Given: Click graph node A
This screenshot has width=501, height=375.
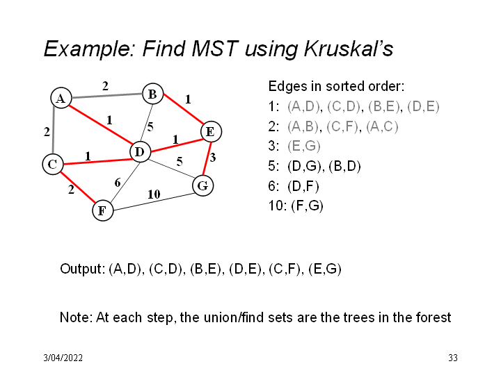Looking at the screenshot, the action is click(61, 98).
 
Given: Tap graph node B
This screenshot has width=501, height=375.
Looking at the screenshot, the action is click(152, 94).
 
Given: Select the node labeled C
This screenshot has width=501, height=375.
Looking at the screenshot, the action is click(53, 164).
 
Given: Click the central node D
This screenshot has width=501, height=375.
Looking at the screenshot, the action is click(141, 151).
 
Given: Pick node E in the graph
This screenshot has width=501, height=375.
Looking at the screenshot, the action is click(211, 131).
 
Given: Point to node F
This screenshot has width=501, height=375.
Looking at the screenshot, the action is click(102, 210).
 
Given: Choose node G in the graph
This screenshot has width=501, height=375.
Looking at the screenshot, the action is click(203, 185).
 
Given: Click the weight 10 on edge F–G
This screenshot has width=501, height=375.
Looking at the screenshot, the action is click(154, 194).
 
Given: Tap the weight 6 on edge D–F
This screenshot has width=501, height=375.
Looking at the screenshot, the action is click(118, 183).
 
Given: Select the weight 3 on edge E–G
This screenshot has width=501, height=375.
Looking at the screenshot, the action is click(213, 157).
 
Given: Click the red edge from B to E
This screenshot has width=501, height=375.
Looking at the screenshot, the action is click(184, 109).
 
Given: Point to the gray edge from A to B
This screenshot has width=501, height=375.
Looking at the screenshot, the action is click(106, 96).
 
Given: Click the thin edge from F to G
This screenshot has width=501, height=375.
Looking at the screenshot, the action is click(152, 202).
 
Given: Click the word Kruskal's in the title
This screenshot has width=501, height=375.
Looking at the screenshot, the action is click(349, 49).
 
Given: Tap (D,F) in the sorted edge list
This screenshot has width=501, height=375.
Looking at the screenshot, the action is click(303, 186).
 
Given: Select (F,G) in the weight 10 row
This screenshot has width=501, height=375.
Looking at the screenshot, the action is click(307, 206).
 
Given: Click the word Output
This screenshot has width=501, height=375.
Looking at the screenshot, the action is click(82, 269).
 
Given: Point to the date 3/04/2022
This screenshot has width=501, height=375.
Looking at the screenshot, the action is click(63, 358).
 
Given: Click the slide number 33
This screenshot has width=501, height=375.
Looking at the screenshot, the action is click(453, 358).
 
